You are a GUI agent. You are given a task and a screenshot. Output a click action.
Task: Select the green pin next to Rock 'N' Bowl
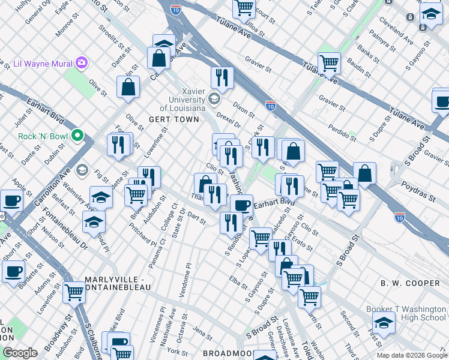[77, 136]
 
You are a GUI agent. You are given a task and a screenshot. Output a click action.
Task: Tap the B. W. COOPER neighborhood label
[410, 283]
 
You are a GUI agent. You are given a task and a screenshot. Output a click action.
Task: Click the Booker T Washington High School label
[406, 313]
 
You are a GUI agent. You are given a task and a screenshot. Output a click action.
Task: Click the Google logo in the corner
[20, 353]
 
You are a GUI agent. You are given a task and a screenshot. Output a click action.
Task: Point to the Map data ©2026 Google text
[411, 355]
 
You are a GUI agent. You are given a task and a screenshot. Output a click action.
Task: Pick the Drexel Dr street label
[228, 119]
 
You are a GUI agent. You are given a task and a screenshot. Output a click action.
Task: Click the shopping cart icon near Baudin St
[329, 63]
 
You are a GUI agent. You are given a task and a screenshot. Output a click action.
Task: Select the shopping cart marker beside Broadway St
[74, 293]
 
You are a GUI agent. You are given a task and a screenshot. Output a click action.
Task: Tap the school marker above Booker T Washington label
[384, 322]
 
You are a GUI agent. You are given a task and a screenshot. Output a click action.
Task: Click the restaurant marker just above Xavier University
[221, 77]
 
